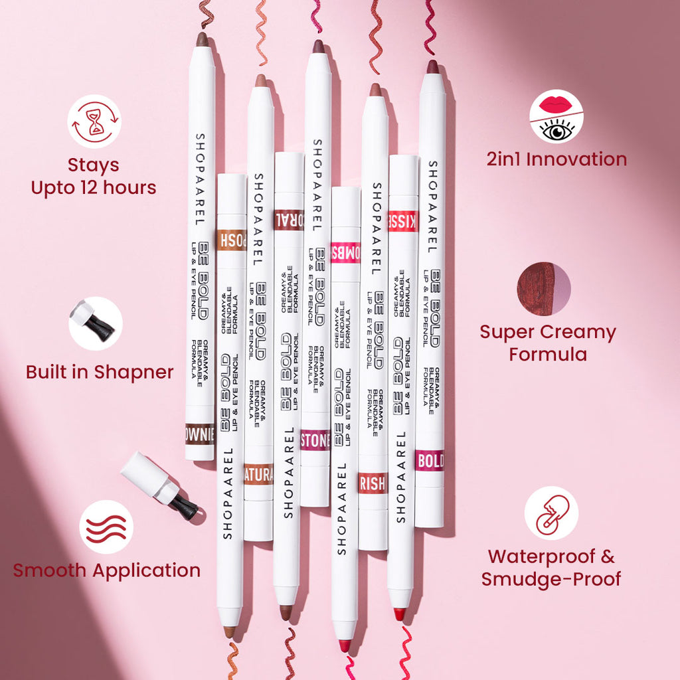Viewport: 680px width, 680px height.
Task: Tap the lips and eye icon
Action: tap(556, 116)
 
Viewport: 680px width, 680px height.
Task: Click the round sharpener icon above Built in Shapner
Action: tap(96, 323)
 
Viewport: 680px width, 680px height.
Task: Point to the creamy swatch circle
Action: tap(544, 289)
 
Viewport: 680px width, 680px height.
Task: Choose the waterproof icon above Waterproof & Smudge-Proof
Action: tap(551, 513)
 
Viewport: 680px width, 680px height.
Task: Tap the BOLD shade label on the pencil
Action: tap(430, 460)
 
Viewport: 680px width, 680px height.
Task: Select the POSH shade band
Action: tap(231, 240)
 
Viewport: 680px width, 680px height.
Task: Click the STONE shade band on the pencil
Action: tap(315, 440)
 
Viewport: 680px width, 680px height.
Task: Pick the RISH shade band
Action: tap(373, 483)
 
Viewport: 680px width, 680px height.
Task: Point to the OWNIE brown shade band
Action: tap(200, 434)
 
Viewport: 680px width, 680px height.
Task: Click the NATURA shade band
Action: tap(258, 474)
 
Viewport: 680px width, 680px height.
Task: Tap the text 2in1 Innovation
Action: tap(556, 159)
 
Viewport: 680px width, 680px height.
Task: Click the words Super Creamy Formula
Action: tap(548, 343)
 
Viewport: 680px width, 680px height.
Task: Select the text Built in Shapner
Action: tap(100, 372)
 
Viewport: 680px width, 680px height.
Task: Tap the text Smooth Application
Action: tap(106, 570)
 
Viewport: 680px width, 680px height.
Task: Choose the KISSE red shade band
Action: tap(403, 221)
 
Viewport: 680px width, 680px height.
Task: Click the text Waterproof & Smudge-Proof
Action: tap(551, 567)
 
